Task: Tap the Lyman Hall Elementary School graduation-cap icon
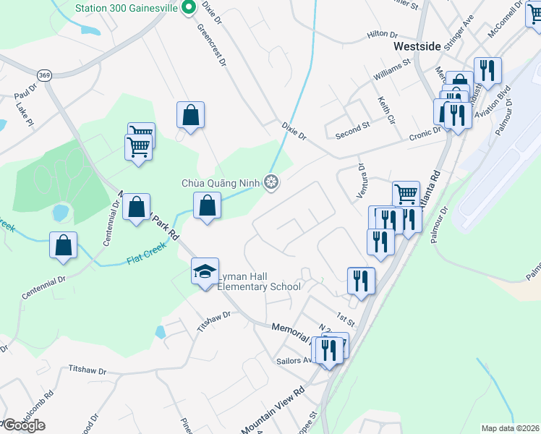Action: (x=205, y=271)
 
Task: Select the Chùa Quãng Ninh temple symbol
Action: (x=272, y=183)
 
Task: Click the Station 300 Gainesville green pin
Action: (x=189, y=8)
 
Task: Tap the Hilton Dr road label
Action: (x=383, y=34)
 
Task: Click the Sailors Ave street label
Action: (x=293, y=359)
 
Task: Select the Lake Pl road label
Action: (x=25, y=114)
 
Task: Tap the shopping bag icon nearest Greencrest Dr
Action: (x=190, y=114)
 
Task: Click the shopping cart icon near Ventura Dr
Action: (x=406, y=193)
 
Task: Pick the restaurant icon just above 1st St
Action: (x=360, y=279)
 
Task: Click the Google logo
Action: (x=23, y=425)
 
